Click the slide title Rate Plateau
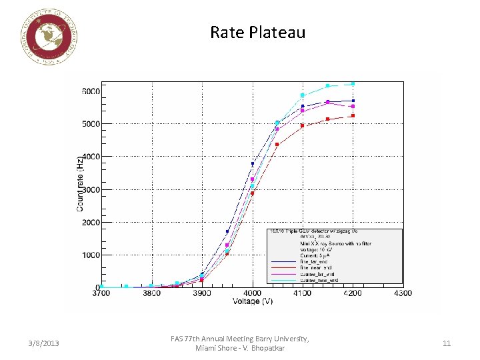pyautogui.click(x=257, y=32)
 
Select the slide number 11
pyautogui.click(x=446, y=343)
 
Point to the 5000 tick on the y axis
pyautogui.click(x=91, y=124)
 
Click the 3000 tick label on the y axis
pyautogui.click(x=91, y=189)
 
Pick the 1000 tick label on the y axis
pyautogui.click(x=91, y=255)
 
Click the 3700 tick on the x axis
pyautogui.click(x=102, y=293)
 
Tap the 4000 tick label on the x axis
pyautogui.click(x=252, y=293)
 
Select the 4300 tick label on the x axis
pyautogui.click(x=402, y=293)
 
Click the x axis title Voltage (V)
pyautogui.click(x=251, y=301)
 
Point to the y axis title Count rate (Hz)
pyautogui.click(x=80, y=184)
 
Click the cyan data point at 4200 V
pyautogui.click(x=353, y=84)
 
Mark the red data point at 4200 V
pyautogui.click(x=353, y=116)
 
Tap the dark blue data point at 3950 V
pyautogui.click(x=227, y=231)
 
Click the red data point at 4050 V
pyautogui.click(x=277, y=145)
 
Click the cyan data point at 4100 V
pyautogui.click(x=302, y=95)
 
